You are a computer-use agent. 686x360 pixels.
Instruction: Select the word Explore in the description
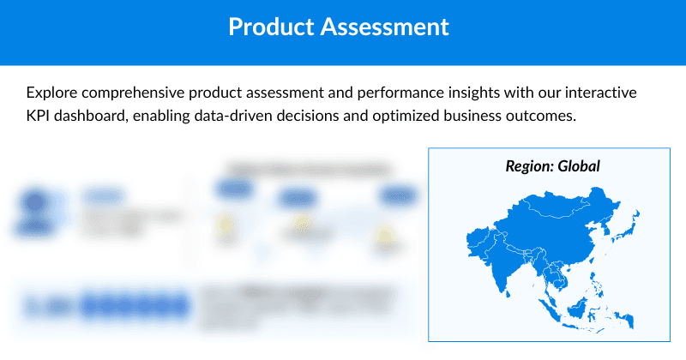tap(55, 92)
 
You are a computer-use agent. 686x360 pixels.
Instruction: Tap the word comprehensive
tap(150, 92)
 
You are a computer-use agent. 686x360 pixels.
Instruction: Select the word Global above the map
tap(579, 165)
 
